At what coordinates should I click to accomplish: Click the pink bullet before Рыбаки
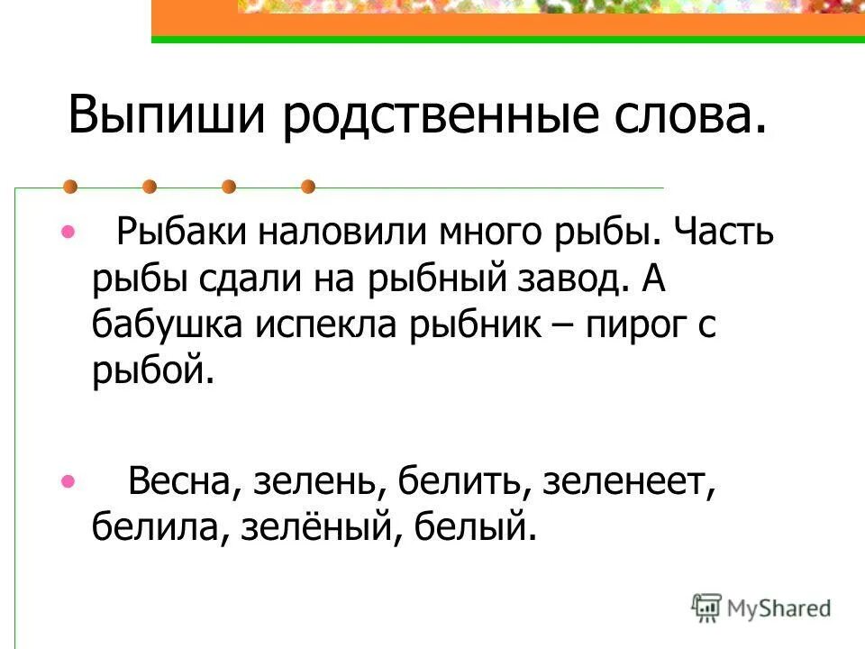(x=68, y=233)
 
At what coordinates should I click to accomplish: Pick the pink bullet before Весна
(x=68, y=481)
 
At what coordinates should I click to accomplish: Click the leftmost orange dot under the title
(x=69, y=187)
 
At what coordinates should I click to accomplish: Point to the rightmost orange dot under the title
(x=308, y=187)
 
